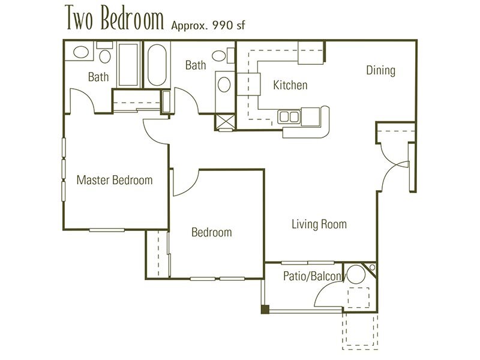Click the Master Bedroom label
(x=115, y=180)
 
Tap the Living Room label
(x=319, y=224)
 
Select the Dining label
(x=381, y=70)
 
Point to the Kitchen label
(x=290, y=85)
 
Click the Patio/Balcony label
(x=313, y=276)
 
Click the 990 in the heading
(x=223, y=25)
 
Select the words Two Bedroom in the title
(x=114, y=19)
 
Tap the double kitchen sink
(x=289, y=116)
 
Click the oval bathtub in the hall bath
(x=157, y=65)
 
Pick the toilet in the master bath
(x=105, y=53)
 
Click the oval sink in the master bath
(x=81, y=52)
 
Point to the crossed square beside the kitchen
(x=226, y=122)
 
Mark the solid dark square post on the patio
(x=265, y=310)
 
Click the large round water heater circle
(x=356, y=274)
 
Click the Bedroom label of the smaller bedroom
(x=212, y=232)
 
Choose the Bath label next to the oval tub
(x=196, y=65)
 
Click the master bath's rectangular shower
(x=128, y=65)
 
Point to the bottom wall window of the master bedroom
(x=107, y=230)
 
